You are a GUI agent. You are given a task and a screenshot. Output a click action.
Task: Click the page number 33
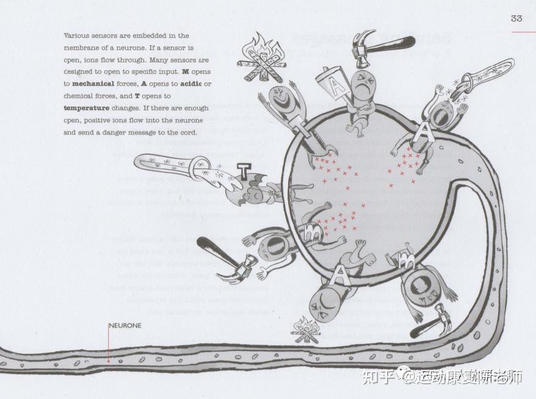516,18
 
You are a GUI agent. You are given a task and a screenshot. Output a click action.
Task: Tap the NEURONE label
125,326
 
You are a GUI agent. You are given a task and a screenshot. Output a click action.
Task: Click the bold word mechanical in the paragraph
93,84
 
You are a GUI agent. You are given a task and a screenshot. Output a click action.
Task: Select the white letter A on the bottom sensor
338,276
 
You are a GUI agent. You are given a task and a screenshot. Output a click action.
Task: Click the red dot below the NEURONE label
109,361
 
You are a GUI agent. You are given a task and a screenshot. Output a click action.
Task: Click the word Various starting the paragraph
76,36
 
